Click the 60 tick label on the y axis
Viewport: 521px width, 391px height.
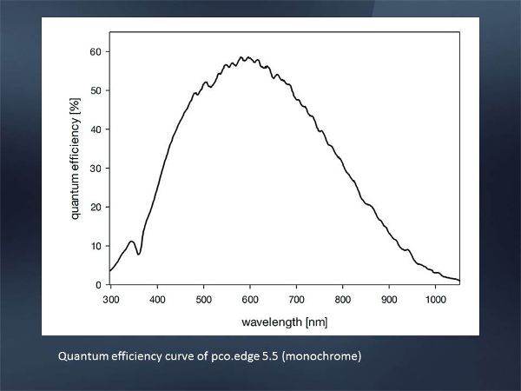click(x=96, y=52)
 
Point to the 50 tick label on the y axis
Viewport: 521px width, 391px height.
click(x=96, y=90)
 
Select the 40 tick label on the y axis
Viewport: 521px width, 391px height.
click(x=96, y=129)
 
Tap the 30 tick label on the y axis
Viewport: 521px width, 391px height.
click(x=96, y=168)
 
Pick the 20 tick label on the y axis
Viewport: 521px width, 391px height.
click(x=96, y=207)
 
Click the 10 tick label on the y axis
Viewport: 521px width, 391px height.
click(x=96, y=246)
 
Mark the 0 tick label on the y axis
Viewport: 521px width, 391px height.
click(x=98, y=284)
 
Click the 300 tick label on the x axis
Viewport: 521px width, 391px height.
click(x=110, y=298)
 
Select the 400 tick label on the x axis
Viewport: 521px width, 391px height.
click(x=157, y=298)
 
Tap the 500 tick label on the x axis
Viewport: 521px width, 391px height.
click(x=203, y=298)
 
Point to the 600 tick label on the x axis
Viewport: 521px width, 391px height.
click(x=250, y=298)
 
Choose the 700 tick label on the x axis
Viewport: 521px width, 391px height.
click(x=296, y=298)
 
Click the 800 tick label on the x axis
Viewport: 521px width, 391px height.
click(x=343, y=298)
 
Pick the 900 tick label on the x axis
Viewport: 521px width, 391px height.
click(x=389, y=298)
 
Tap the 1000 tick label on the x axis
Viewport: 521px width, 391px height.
click(x=436, y=298)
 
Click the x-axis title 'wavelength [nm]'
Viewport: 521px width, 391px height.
click(x=284, y=321)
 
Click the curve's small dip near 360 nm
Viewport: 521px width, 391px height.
click(x=139, y=254)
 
